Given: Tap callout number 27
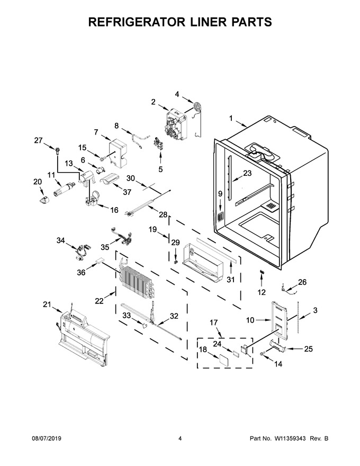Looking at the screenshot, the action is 38,140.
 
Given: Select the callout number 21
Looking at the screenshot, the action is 47,304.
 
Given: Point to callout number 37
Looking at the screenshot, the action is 127,192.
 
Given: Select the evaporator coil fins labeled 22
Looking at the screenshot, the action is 138,281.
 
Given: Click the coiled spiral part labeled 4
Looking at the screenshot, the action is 196,106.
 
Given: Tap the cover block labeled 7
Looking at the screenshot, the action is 118,153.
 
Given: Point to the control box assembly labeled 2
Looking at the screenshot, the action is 176,125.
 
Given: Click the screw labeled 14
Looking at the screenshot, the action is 263,353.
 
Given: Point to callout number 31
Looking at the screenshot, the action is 231,280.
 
